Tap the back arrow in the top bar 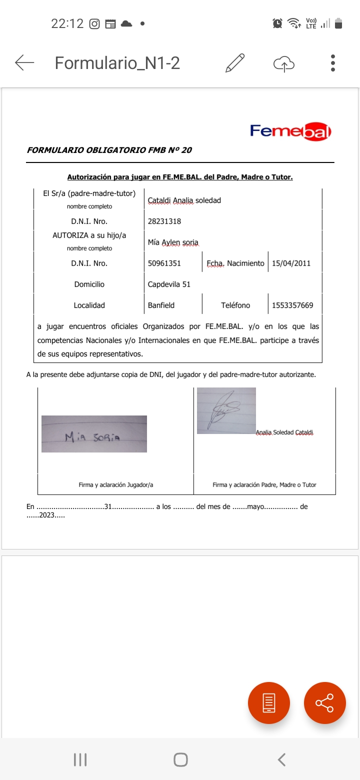[x=24, y=63]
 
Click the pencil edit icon [x=235, y=63]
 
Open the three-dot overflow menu [x=333, y=63]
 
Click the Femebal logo [x=290, y=131]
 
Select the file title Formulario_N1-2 [x=117, y=63]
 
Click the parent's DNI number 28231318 [x=164, y=221]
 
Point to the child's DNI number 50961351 [x=164, y=263]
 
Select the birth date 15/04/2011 [x=291, y=263]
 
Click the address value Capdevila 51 [x=169, y=284]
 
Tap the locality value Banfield [x=161, y=305]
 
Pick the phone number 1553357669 [x=292, y=305]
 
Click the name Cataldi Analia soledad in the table [x=184, y=200]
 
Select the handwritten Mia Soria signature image [x=94, y=434]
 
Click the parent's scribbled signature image [x=226, y=410]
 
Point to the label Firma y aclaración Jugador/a [x=116, y=485]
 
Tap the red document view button [x=269, y=703]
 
